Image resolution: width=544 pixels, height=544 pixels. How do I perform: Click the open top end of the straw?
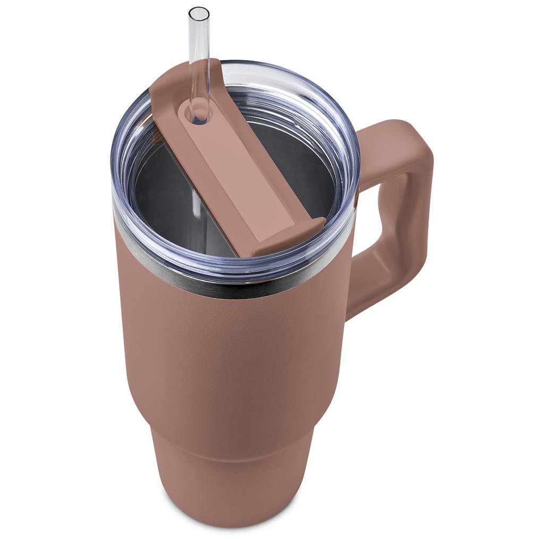[199, 11]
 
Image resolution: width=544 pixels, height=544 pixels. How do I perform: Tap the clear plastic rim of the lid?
[122, 175]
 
